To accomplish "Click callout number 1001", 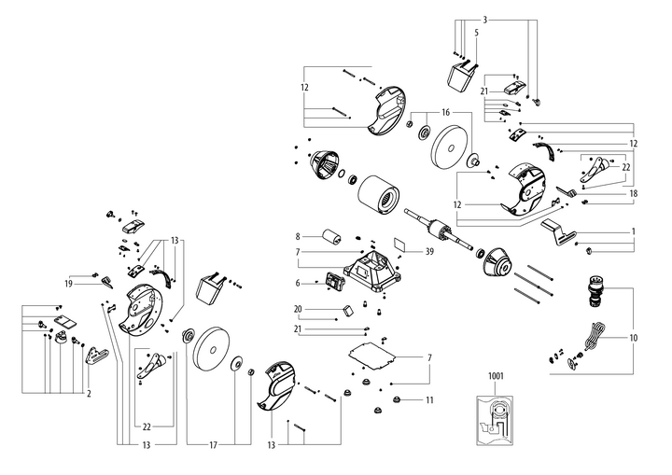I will click(x=495, y=375).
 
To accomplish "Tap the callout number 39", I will click(x=429, y=251).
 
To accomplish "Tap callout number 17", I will click(x=214, y=446).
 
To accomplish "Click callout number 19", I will click(x=68, y=283).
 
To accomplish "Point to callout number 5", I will click(x=476, y=33).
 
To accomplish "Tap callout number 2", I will click(x=89, y=394).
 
